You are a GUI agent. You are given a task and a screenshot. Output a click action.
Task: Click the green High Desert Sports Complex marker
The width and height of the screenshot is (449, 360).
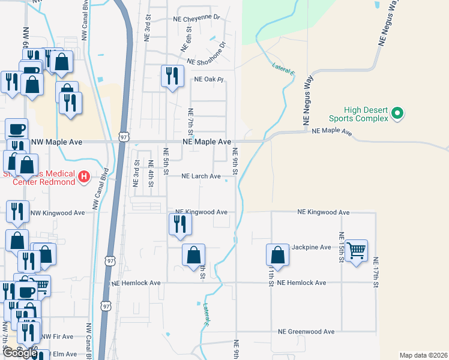click(396, 112)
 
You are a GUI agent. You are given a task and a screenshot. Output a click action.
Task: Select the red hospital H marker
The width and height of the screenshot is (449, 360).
click(85, 177)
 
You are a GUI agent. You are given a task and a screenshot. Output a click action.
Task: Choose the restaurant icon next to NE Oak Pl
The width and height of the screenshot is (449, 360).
click(172, 76)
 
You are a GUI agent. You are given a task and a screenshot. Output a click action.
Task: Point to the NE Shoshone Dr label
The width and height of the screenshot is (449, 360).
click(206, 55)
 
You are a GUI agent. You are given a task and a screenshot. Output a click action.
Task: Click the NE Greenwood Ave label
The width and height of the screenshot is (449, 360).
click(306, 331)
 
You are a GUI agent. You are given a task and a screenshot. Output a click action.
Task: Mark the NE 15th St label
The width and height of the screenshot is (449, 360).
click(341, 247)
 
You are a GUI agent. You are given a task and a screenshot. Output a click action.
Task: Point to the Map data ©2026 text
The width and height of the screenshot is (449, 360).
click(423, 355)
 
